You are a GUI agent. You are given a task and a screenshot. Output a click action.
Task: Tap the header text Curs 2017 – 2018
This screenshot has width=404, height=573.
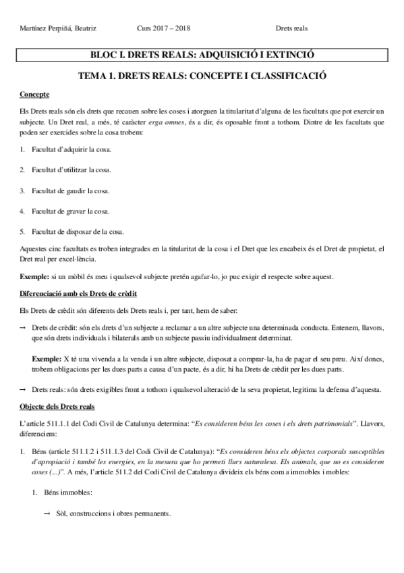(164, 28)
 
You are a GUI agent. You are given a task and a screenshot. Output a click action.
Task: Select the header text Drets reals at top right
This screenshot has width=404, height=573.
(291, 28)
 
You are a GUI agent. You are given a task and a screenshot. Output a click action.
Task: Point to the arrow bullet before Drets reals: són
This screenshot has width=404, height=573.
(23, 389)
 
